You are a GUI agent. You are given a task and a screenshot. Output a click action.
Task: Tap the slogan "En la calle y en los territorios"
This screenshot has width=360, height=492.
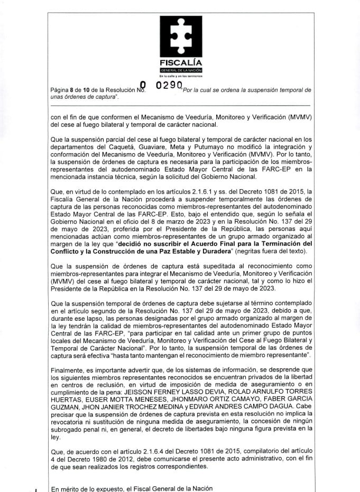pyautogui.click(x=180, y=77)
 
